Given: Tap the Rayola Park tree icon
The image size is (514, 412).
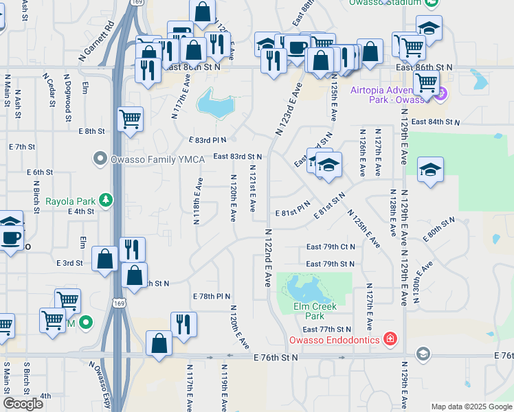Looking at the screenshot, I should pyautogui.click(x=106, y=201).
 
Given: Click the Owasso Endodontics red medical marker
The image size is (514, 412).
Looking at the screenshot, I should pyautogui.click(x=390, y=339).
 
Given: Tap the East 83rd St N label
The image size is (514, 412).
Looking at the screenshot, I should pyautogui.click(x=237, y=157).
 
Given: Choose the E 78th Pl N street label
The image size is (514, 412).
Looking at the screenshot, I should pyautogui.click(x=212, y=296).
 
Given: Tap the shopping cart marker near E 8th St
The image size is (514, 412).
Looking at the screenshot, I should pyautogui.click(x=131, y=119).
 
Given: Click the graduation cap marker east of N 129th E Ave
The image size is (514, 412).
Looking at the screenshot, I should pyautogui.click(x=430, y=170).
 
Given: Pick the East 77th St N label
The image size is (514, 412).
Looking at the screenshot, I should pyautogui.click(x=327, y=330).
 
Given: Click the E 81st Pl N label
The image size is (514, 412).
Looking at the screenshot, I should pyautogui.click(x=292, y=213).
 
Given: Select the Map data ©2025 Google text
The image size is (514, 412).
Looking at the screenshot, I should pyautogui.click(x=471, y=407).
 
